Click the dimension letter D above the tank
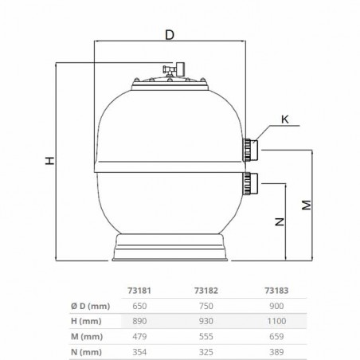(168, 34)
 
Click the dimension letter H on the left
(49, 161)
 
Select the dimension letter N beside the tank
(280, 223)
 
